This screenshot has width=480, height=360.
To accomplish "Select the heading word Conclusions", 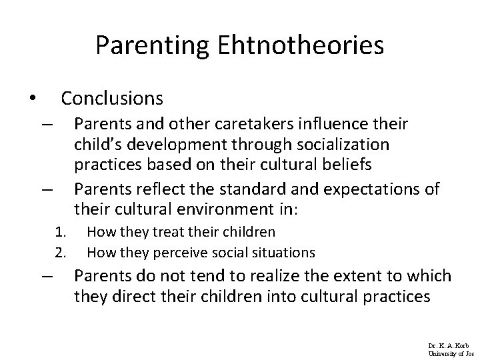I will click(x=112, y=99).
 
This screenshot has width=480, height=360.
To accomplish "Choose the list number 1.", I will click(x=60, y=232).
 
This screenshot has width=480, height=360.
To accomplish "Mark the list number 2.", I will click(x=60, y=252).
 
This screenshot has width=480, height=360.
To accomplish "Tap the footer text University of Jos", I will click(x=451, y=353).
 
